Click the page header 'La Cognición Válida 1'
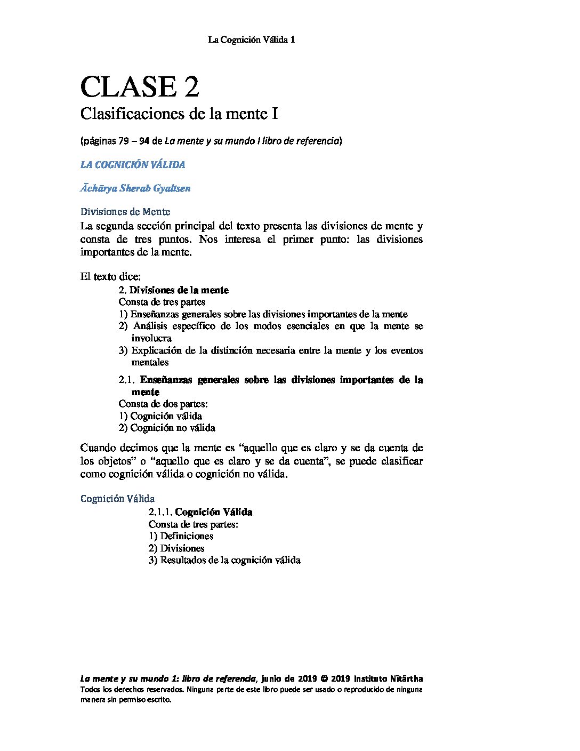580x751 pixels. pos(251,40)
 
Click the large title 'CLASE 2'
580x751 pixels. pos(140,86)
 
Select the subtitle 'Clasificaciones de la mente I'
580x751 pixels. pos(179,114)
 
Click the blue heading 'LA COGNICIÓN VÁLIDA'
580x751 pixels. pos(133,165)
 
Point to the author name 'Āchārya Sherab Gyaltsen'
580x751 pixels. pos(135,188)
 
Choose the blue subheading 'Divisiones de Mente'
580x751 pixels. pos(125,212)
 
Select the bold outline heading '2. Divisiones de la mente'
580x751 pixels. pos(174,290)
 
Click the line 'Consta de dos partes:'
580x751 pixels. pos(163,404)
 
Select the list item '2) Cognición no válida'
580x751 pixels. pos(167,428)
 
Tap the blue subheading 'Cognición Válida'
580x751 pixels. pos(117,499)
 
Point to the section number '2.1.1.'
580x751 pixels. pos(160,512)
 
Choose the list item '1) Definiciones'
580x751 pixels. pos(181,536)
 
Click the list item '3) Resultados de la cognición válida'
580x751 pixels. pos(224,560)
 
